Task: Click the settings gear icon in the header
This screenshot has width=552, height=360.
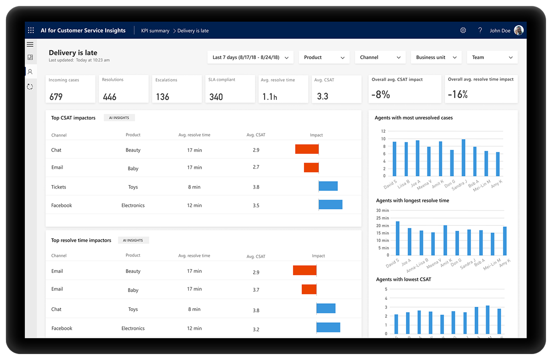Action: (463, 30)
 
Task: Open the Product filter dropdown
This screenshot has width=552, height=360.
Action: (324, 57)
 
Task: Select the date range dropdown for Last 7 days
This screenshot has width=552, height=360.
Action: (250, 57)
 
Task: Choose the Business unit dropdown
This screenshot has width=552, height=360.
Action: (436, 57)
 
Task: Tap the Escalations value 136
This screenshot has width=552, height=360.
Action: (162, 97)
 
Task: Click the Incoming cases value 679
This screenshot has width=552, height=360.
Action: (56, 97)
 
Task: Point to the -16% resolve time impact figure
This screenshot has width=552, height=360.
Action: (458, 94)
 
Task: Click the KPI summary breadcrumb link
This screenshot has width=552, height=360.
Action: (155, 31)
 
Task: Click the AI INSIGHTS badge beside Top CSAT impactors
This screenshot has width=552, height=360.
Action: (119, 118)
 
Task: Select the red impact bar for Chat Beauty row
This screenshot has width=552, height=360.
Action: (307, 149)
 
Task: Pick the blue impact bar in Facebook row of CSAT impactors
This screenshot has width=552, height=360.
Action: (330, 205)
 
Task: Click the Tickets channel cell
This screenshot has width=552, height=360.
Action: (59, 187)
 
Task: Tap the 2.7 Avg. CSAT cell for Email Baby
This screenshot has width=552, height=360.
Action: (256, 168)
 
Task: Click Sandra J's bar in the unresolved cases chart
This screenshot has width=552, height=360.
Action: (463, 158)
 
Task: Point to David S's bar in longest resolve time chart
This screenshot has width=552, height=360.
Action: (398, 238)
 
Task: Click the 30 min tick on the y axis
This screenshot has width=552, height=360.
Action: (382, 211)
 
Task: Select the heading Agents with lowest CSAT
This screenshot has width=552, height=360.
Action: (403, 279)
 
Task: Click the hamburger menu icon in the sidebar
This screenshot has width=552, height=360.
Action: (30, 44)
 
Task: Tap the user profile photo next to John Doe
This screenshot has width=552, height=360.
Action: (519, 30)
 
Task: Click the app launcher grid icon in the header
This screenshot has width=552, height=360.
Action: (31, 31)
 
